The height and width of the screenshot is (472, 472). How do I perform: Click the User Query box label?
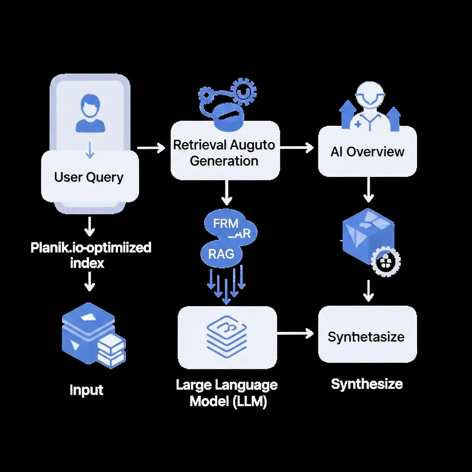[89, 177]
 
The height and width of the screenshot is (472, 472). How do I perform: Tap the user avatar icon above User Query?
[90, 113]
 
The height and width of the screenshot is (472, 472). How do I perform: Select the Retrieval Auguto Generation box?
[224, 152]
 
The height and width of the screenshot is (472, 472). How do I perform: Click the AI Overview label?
[367, 152]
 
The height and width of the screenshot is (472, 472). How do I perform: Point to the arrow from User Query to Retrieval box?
[151, 148]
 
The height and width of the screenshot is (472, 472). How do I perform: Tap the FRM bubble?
[225, 224]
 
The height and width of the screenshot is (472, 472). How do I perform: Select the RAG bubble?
[221, 253]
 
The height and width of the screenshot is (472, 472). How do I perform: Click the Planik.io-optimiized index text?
[91, 255]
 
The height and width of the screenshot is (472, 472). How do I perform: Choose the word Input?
[87, 390]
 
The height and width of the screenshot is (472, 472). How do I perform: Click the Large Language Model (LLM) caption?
[227, 393]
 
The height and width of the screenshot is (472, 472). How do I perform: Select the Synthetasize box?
[367, 336]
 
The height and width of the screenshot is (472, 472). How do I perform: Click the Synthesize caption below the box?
[367, 383]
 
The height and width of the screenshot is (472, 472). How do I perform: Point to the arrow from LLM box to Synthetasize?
[296, 333]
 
